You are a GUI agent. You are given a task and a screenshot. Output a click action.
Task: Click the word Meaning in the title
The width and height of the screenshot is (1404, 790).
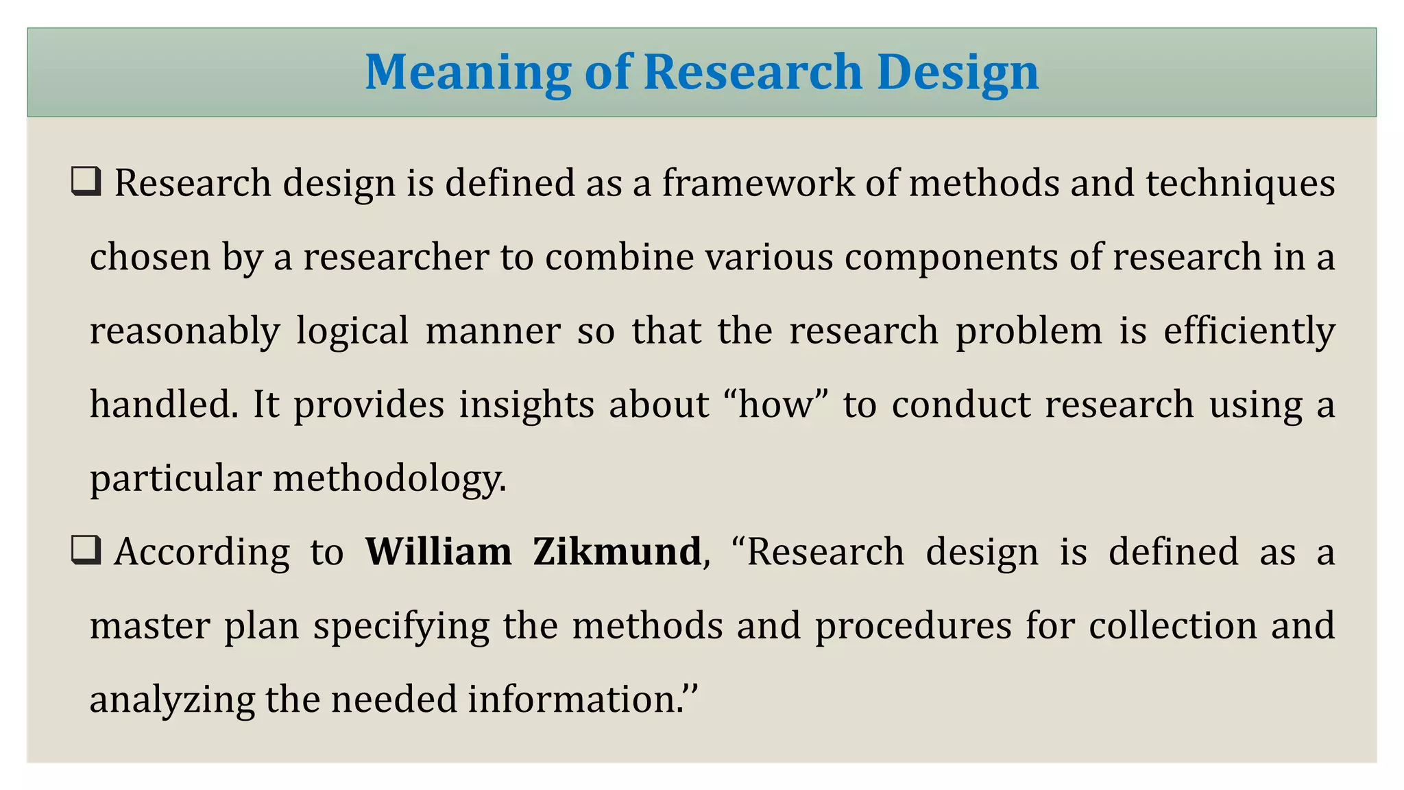click(468, 73)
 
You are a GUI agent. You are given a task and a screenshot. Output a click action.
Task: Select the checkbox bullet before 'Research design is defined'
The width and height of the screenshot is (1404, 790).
click(86, 182)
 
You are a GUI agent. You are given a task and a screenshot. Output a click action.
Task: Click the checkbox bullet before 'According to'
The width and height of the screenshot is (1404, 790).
click(86, 551)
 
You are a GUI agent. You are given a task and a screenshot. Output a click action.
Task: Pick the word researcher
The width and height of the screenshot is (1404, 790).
click(396, 257)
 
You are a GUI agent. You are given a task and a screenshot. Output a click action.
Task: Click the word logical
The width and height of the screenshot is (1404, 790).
click(352, 332)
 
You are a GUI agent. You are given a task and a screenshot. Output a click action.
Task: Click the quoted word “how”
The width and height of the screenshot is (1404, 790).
click(776, 405)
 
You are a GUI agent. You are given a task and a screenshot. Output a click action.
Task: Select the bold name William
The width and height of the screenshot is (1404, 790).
click(438, 552)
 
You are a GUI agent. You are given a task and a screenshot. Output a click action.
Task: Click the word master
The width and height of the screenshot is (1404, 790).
click(149, 626)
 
